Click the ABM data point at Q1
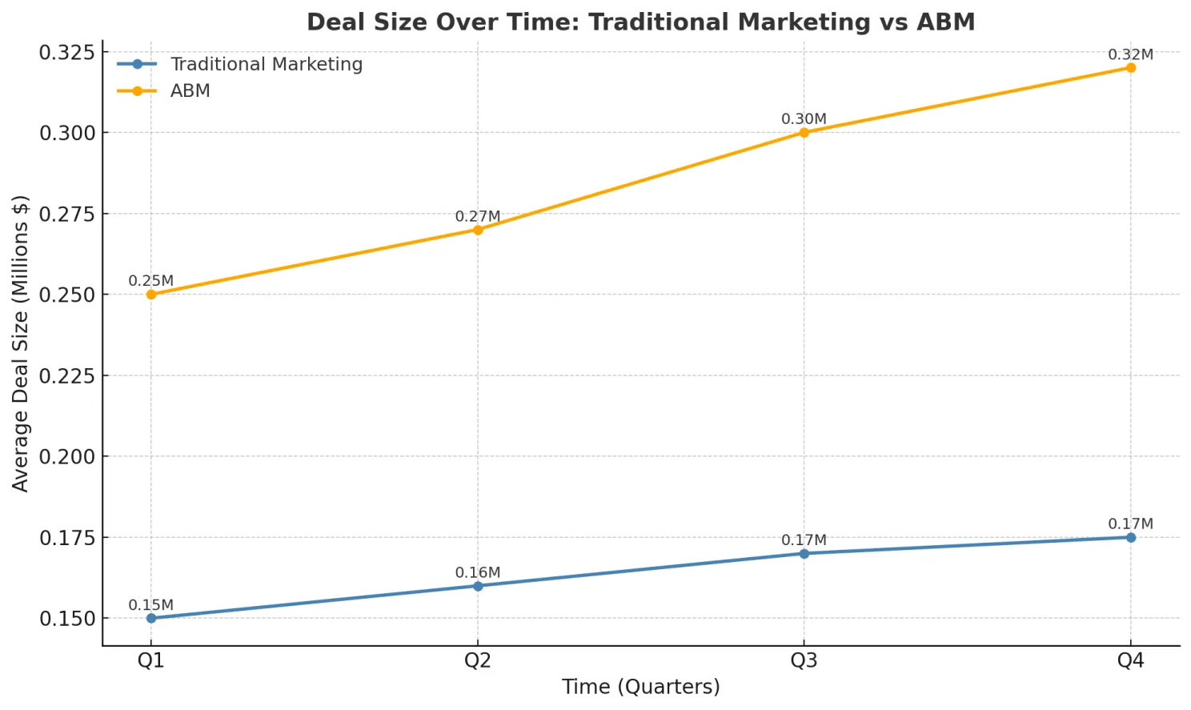(151, 295)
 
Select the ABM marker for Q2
(478, 230)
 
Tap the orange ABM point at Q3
(804, 133)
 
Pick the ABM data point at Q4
(1131, 68)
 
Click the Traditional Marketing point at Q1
(151, 618)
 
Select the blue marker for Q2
(478, 586)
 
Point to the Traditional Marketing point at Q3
(804, 553)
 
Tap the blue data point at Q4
(1131, 537)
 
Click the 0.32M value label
(1130, 54)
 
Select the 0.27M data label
(477, 216)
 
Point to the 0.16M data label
(477, 572)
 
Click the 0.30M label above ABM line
(804, 119)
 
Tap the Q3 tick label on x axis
(804, 660)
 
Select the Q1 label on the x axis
(151, 660)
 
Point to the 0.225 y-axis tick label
(67, 375)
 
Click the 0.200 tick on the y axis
(67, 456)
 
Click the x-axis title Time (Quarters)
(640, 687)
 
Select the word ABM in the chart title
(945, 22)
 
